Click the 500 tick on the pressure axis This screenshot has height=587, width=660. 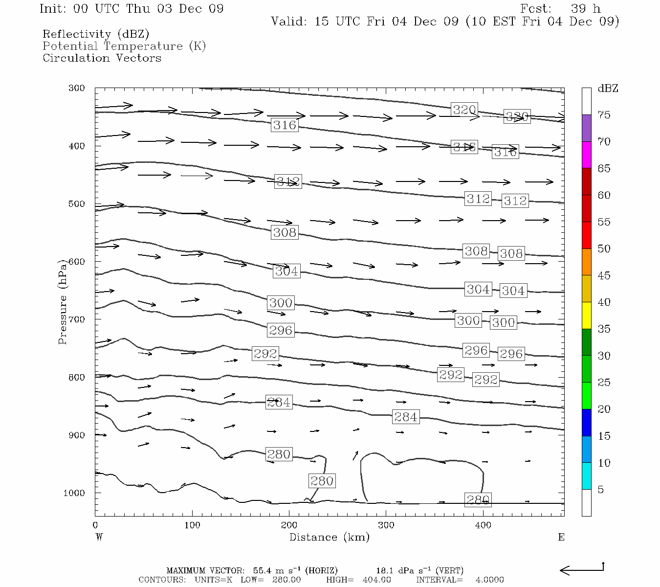(77, 204)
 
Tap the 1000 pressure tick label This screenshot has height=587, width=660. (74, 493)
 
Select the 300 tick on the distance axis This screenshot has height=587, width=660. (386, 525)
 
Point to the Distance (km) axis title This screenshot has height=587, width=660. (329, 537)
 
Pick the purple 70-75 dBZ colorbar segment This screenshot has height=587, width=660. (586, 128)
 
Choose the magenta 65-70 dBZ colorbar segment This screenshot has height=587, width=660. (586, 155)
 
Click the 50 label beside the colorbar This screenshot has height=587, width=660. (604, 248)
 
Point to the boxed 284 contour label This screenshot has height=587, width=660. (405, 417)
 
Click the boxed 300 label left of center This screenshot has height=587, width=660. (281, 303)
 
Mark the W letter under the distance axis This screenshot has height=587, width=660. (99, 537)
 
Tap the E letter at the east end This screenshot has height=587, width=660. (561, 537)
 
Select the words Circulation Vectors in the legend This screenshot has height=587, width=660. (102, 58)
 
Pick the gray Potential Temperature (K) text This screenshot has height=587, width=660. (124, 46)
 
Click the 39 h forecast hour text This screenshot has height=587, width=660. (585, 9)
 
